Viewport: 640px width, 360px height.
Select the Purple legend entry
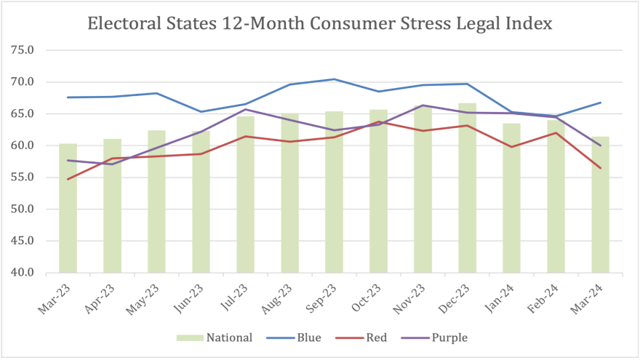point(441,337)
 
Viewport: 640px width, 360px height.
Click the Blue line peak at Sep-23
point(334,79)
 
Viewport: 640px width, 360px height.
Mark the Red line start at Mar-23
point(68,179)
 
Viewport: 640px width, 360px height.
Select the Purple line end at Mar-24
point(600,145)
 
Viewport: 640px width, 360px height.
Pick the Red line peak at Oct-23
point(378,121)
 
